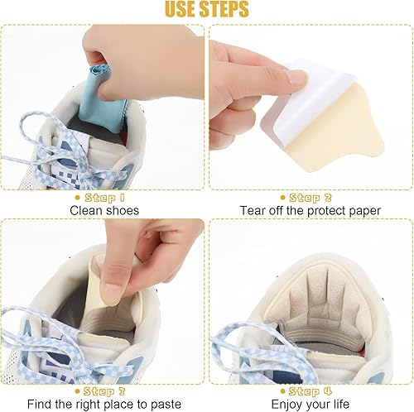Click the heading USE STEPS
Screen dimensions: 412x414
point(206,10)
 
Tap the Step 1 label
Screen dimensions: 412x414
point(103,198)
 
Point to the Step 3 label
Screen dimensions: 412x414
point(103,390)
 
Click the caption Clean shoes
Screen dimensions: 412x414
point(103,211)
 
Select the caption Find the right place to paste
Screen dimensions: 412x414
point(103,403)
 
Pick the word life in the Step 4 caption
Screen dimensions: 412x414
point(339,403)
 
